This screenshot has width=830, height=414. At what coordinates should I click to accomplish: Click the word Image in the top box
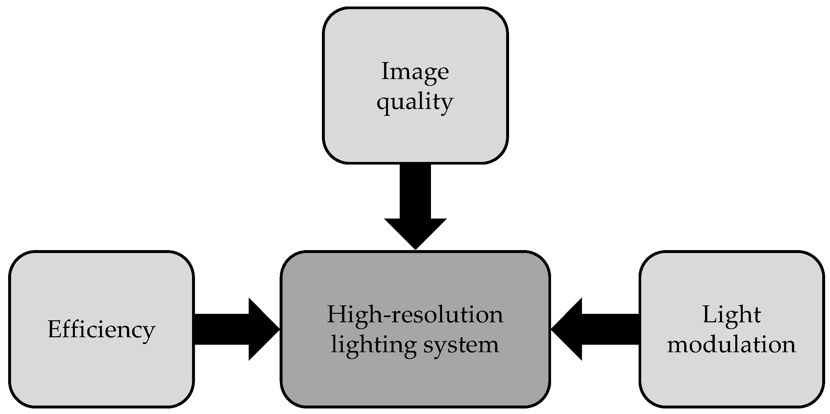coord(415,72)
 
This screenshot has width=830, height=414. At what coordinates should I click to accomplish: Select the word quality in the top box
coord(415,102)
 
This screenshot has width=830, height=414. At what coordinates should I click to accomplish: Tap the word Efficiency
coord(101,330)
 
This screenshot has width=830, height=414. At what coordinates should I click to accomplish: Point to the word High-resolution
coord(415,315)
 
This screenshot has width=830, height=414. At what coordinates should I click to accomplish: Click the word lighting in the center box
coord(373,345)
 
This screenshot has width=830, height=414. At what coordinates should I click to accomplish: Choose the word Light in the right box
coord(732,315)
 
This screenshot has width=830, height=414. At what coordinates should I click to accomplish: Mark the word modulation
coord(732,344)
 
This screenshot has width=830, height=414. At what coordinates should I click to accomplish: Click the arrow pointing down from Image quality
coord(415,205)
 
